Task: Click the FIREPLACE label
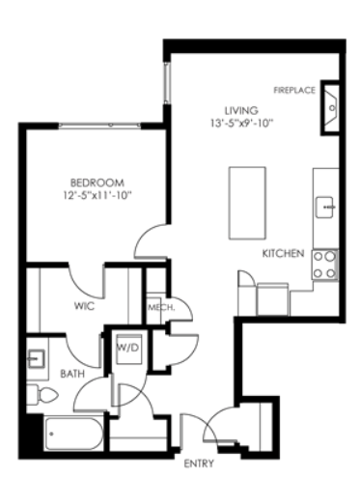[x=294, y=90]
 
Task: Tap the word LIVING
[x=241, y=111]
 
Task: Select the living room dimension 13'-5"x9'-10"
[x=242, y=123]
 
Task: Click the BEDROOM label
[x=97, y=183]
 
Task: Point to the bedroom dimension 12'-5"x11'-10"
[x=97, y=195]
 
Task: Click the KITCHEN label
[x=283, y=254]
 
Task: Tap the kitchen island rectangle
[x=247, y=203]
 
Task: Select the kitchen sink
[x=324, y=208]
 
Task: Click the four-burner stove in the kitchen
[x=324, y=265]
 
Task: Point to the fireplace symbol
[x=330, y=108]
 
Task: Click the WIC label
[x=84, y=306]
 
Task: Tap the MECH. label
[x=161, y=308]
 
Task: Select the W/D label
[x=128, y=348]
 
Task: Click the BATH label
[x=72, y=374]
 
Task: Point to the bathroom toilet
[x=42, y=394]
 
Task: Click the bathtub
[x=74, y=434]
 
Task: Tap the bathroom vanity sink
[x=36, y=358]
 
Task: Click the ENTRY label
[x=199, y=464]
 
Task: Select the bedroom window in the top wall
[x=100, y=126]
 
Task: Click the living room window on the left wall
[x=167, y=83]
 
